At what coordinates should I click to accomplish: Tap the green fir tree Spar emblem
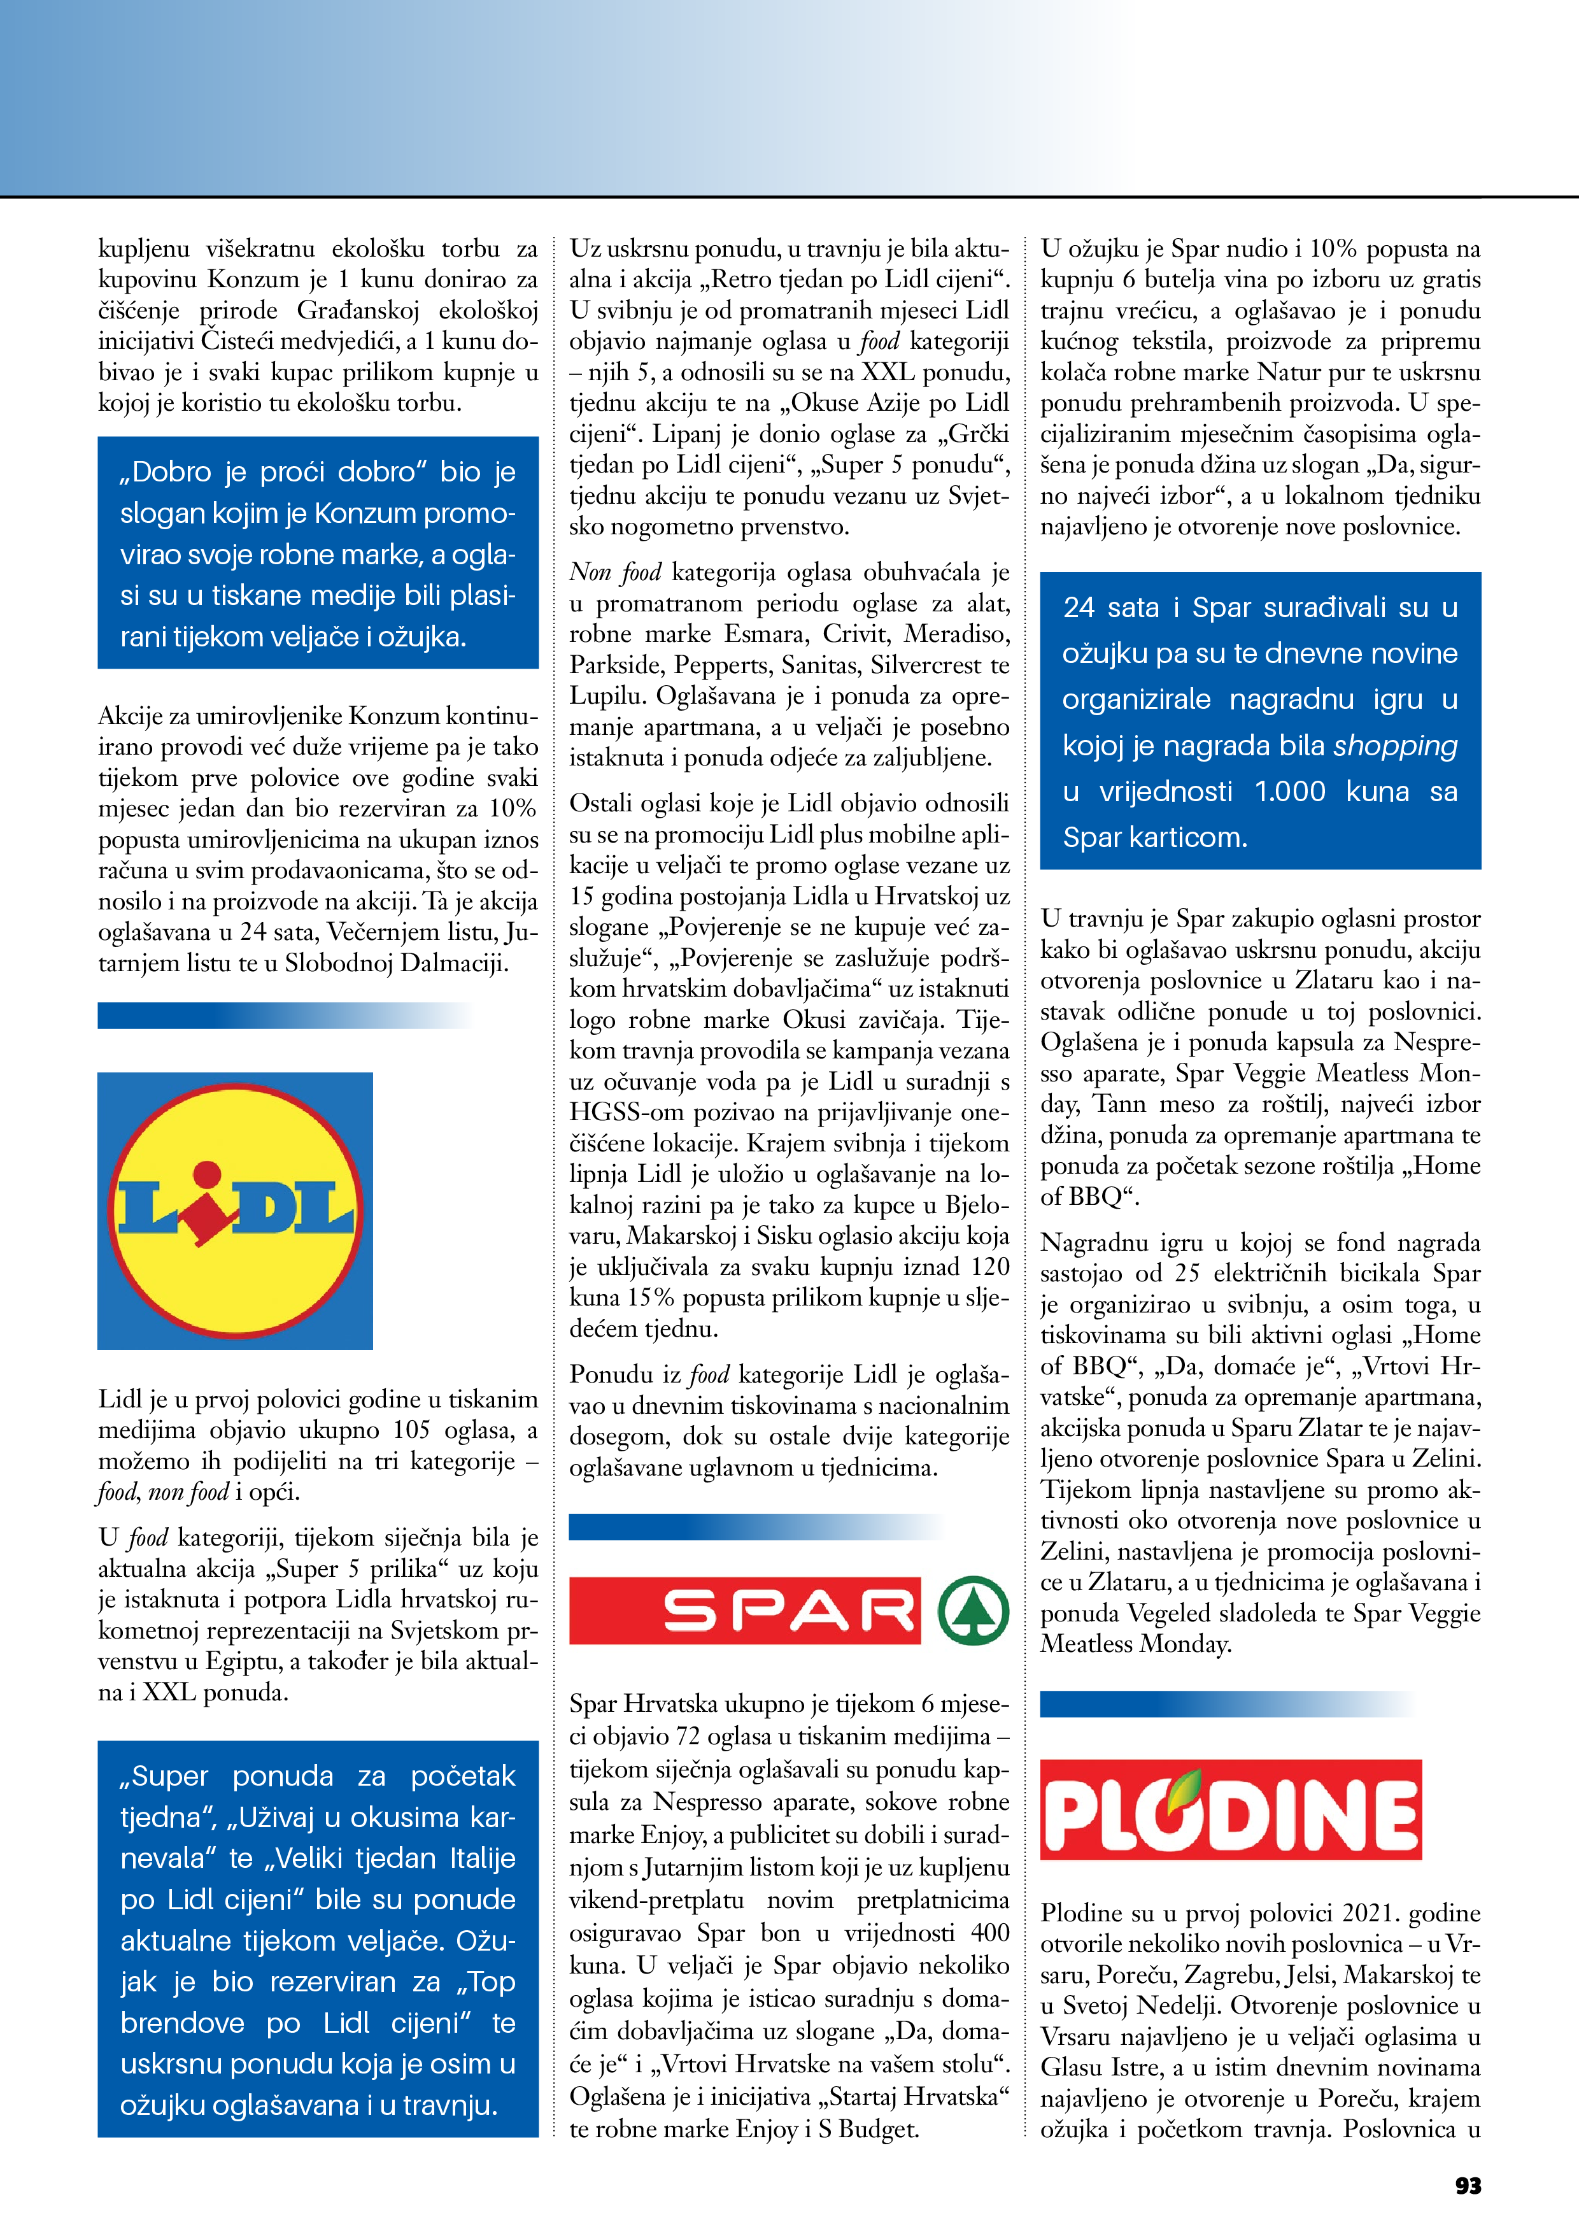pyautogui.click(x=973, y=1611)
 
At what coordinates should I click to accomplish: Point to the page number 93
pyautogui.click(x=1467, y=2186)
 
